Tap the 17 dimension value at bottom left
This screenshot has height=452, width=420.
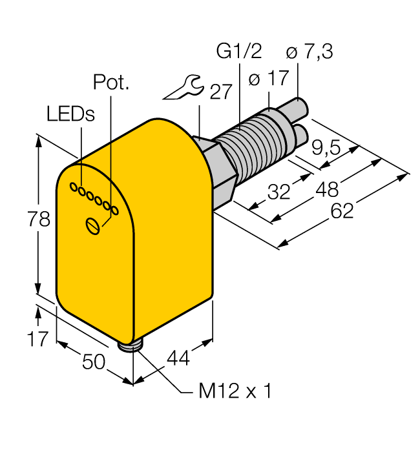[37, 338]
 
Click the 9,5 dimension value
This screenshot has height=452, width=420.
[326, 149]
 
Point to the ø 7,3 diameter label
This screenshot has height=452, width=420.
[309, 52]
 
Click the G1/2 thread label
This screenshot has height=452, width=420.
[237, 52]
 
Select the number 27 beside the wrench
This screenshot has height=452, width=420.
[220, 92]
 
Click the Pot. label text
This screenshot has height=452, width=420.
[110, 83]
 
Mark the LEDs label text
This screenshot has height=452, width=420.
[70, 114]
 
